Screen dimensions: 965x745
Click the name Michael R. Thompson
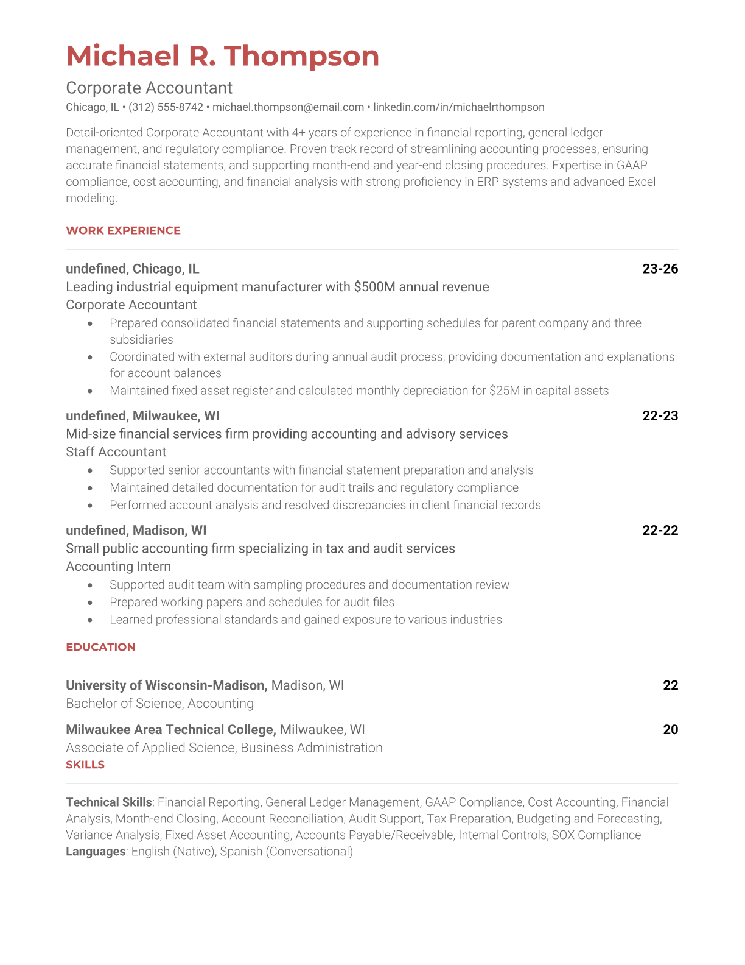click(x=222, y=56)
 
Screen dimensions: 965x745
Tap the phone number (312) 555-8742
click(x=166, y=107)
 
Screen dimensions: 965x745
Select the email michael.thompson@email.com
click(x=288, y=107)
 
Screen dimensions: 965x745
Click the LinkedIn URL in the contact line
click(x=458, y=107)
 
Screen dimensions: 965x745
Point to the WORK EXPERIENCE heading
click(x=123, y=230)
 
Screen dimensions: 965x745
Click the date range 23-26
click(x=660, y=269)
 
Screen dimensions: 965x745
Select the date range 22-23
click(x=660, y=415)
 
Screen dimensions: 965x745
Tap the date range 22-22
click(x=660, y=530)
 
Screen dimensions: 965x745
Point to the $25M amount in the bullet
click(x=504, y=391)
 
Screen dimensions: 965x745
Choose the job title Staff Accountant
click(x=116, y=452)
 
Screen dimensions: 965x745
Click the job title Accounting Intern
click(x=118, y=567)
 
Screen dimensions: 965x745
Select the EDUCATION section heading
click(x=100, y=647)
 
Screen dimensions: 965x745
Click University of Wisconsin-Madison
click(x=166, y=685)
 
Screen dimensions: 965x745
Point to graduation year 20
click(x=670, y=729)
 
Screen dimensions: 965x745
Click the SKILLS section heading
click(x=85, y=765)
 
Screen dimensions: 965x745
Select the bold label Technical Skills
click(x=108, y=802)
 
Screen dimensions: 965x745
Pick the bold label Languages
click(x=96, y=852)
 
